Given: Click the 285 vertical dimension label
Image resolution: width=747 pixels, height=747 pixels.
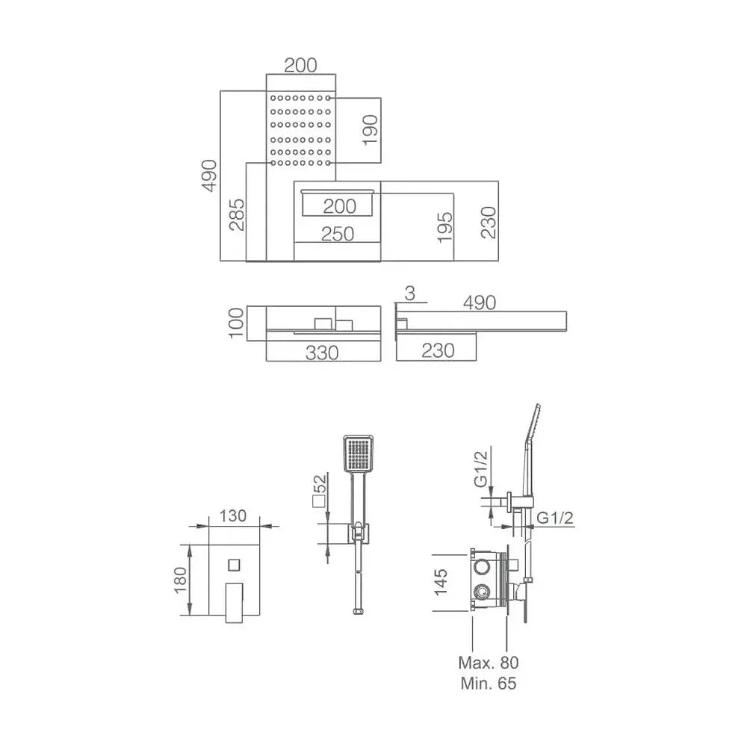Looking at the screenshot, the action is [237, 215].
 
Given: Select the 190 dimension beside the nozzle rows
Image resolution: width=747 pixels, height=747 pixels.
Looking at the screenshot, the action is [371, 130].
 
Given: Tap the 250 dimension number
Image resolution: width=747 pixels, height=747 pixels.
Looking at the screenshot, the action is [338, 234].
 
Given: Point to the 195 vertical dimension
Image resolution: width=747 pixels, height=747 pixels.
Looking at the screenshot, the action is [445, 227].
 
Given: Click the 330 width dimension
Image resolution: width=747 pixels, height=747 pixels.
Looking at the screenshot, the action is [322, 353].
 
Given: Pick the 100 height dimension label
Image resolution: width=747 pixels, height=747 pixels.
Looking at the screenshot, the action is [236, 323].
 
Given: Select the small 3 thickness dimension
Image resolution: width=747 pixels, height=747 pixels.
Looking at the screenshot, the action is [409, 294].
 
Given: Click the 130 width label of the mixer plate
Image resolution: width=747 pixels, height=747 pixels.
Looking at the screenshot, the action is [233, 516].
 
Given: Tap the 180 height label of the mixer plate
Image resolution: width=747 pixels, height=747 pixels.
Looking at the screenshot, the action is [181, 580].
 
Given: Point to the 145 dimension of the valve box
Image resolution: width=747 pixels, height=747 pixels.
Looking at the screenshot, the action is [441, 582].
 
